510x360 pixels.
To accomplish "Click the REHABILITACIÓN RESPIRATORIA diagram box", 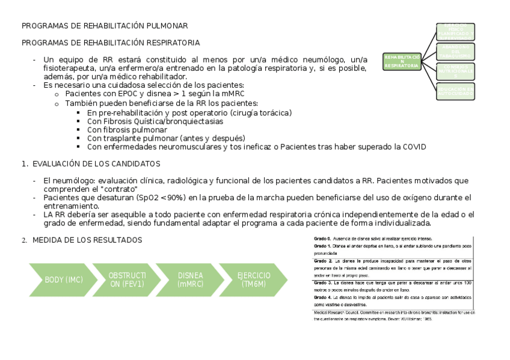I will tap(402, 61).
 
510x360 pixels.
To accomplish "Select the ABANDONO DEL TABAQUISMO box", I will tap(455, 51).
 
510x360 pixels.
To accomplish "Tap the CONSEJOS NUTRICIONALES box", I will tap(455, 71).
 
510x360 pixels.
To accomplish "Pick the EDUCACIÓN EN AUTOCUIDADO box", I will tap(455, 91).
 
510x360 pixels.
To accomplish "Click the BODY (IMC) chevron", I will tap(64, 279).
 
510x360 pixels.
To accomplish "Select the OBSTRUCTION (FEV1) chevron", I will tap(126, 279).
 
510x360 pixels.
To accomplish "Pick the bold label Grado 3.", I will tap(323, 282).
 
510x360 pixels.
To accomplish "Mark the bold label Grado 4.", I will tap(323, 297).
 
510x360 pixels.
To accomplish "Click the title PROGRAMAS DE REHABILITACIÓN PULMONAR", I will tap(105, 26).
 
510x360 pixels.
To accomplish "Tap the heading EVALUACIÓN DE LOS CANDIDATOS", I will tap(96, 163).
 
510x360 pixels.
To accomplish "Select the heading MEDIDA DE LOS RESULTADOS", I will tap(87, 240).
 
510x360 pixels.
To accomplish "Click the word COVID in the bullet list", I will tap(414, 147).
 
